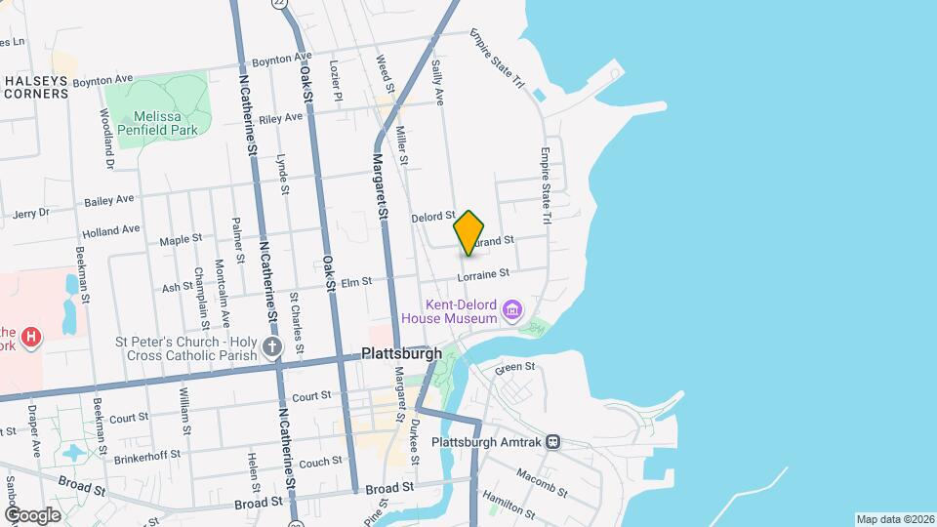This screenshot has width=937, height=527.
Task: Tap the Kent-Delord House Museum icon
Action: (511, 312)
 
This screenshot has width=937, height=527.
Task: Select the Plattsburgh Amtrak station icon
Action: (553, 441)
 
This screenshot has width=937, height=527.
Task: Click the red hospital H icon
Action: (32, 338)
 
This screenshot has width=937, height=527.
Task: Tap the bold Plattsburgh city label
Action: (401, 353)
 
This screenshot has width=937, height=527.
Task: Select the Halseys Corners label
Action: (36, 87)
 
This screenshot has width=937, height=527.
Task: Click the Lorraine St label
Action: (485, 276)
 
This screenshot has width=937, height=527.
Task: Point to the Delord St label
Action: (433, 217)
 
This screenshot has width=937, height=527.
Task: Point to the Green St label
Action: (515, 368)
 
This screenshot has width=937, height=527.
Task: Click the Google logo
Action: (32, 515)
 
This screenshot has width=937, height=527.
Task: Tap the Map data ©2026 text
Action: (894, 518)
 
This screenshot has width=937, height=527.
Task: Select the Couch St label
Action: (320, 463)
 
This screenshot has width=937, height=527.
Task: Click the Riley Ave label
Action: (281, 118)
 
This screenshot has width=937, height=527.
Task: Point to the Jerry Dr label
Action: (30, 214)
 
